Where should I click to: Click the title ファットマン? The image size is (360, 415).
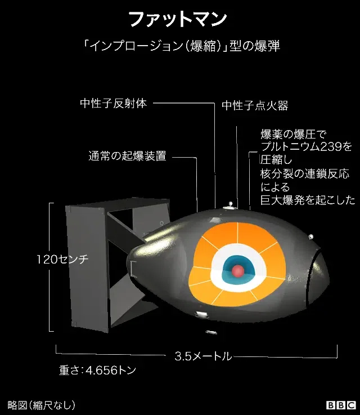(178, 19)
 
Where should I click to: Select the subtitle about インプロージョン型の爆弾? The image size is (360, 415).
(182, 46)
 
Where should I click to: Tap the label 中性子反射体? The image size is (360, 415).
(114, 103)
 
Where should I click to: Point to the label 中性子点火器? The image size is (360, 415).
(255, 105)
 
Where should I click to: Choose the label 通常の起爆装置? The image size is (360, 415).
(127, 156)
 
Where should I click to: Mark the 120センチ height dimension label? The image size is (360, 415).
(62, 260)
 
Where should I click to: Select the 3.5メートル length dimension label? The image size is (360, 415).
(203, 356)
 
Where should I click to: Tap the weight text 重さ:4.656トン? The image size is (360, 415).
(97, 370)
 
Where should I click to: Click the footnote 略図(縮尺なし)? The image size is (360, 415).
(42, 405)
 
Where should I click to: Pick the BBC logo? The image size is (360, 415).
(341, 405)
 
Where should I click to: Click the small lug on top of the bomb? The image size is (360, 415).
(229, 207)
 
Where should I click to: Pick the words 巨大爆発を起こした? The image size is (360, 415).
(308, 200)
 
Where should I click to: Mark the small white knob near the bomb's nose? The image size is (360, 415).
(311, 236)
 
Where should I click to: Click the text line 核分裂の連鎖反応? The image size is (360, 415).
(305, 174)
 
